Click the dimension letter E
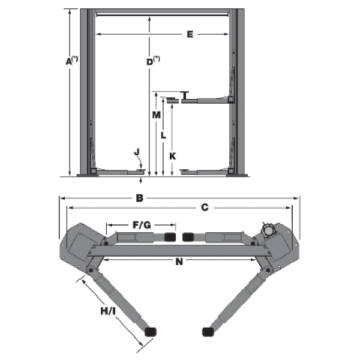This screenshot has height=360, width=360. coord(190,34)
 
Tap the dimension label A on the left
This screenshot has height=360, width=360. coord(69,62)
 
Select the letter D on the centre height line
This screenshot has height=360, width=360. coord(149,62)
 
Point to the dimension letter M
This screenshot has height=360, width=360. coord(157,115)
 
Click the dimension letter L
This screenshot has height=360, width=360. coord(163,135)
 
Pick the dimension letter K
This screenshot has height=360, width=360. coord(172,156)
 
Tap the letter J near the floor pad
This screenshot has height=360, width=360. coord(137,152)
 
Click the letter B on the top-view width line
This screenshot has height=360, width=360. coord(140,198)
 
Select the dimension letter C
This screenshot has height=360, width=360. coord(205,208)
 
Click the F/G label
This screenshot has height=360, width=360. coord(142,225)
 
